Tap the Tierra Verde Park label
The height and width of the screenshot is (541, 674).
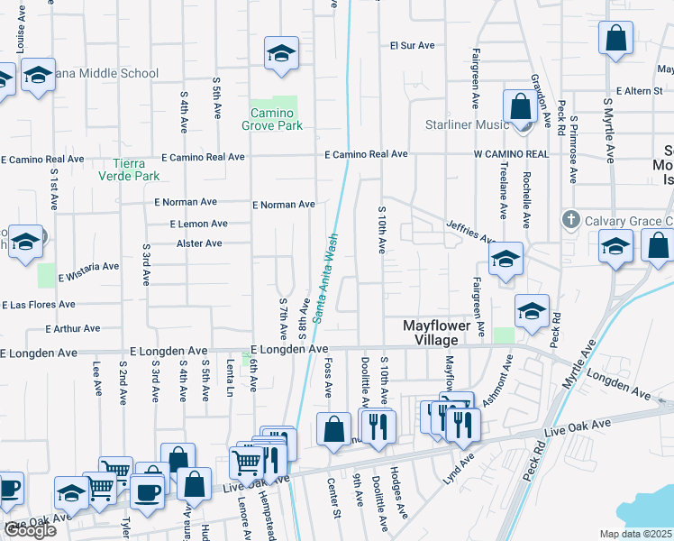(136, 170)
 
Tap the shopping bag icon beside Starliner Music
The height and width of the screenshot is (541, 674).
(520, 106)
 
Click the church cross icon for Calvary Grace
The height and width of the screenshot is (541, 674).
(569, 220)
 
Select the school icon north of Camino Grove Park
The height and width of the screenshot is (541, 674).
(281, 55)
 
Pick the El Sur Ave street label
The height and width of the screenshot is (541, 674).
(413, 45)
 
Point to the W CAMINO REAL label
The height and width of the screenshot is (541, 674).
(511, 155)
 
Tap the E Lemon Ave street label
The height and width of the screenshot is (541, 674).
(198, 224)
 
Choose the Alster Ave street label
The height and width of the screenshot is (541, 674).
(199, 243)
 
